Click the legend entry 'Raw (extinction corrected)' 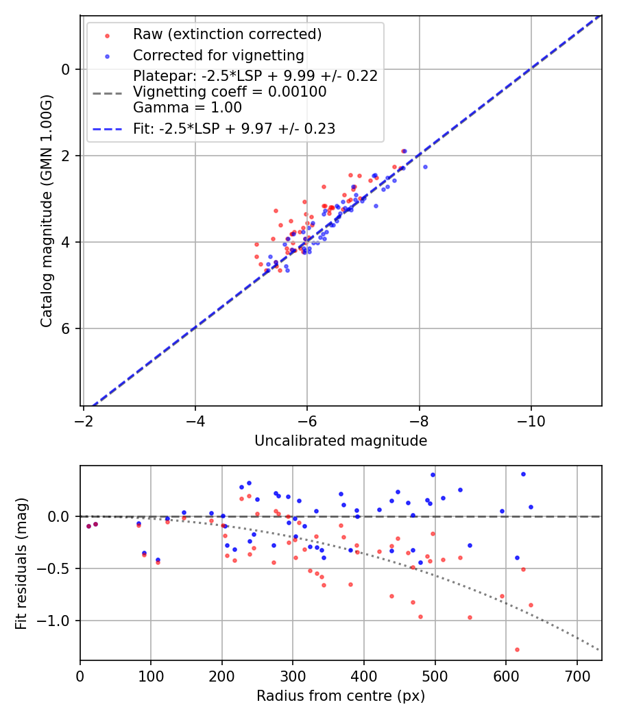click(x=227, y=34)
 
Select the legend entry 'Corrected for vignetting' click(x=218, y=56)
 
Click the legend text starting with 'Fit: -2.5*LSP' click(x=234, y=128)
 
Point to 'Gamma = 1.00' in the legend click(x=187, y=107)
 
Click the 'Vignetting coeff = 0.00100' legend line click(x=230, y=92)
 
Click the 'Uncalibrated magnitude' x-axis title click(x=341, y=441)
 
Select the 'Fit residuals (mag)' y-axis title click(x=21, y=563)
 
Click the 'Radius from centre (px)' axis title click(x=341, y=696)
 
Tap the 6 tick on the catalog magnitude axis click(x=66, y=328)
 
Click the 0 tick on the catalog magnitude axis click(x=66, y=69)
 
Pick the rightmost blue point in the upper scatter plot click(x=425, y=167)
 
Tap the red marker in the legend click(x=107, y=35)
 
